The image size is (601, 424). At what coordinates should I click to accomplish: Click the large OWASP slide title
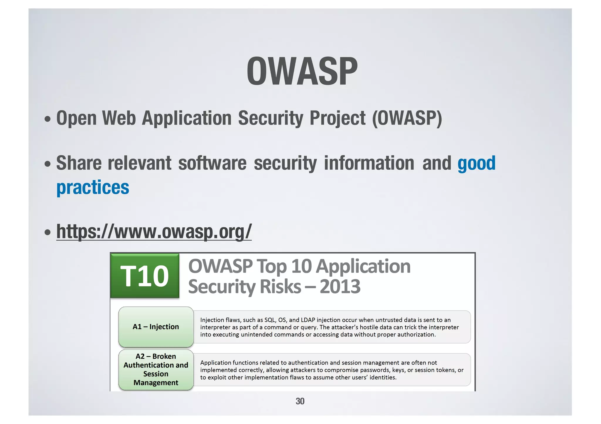[302, 71]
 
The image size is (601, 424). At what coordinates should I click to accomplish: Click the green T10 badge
[145, 276]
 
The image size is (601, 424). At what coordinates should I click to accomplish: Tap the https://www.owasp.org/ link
[154, 231]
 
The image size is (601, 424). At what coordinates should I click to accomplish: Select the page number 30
[300, 401]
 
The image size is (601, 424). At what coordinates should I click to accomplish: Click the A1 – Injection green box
[156, 327]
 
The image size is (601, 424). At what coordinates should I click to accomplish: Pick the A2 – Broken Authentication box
[156, 369]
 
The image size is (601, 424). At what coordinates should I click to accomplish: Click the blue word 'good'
[476, 163]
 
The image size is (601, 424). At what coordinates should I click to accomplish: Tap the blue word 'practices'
[93, 188]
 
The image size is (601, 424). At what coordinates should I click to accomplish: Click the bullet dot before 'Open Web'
[47, 120]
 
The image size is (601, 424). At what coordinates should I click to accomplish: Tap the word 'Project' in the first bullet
[337, 118]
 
